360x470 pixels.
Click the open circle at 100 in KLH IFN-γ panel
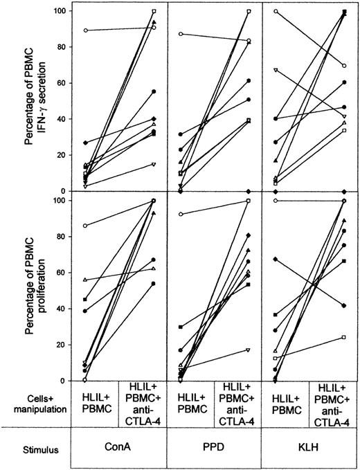click(276, 12)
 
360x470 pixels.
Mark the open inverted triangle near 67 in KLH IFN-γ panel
click(276, 71)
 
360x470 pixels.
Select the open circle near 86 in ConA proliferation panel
click(85, 226)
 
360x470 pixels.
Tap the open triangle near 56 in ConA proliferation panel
click(85, 280)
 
